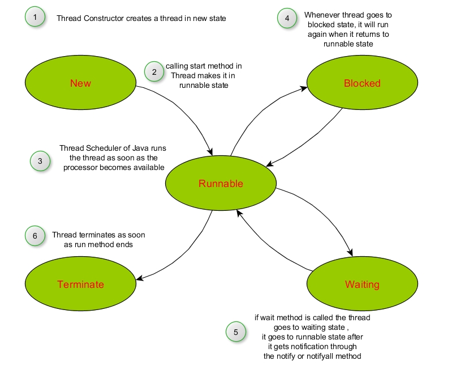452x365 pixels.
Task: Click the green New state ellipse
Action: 80,83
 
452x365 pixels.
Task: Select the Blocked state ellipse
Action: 362,83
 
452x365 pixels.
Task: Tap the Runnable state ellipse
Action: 221,183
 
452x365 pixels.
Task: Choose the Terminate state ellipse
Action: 80,284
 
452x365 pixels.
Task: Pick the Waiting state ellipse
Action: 362,284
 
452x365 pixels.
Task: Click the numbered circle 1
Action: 35,17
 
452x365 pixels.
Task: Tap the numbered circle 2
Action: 154,71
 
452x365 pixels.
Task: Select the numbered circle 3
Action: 40,161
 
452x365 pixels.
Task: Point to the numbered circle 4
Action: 287,18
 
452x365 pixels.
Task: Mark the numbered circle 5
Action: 236,332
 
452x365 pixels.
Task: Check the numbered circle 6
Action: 35,236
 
